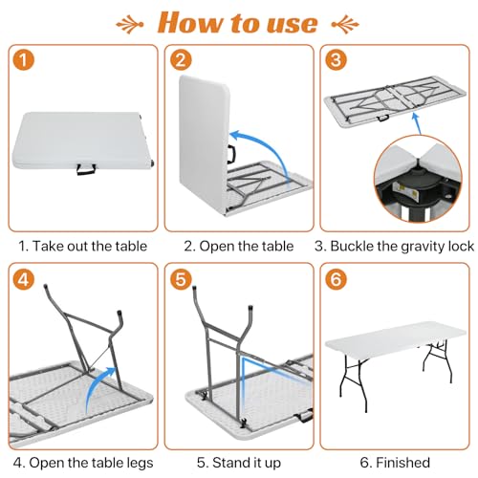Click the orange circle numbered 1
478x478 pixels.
[23, 60]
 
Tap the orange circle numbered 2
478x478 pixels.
[181, 60]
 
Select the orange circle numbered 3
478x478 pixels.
[336, 60]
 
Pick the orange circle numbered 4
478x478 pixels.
[23, 279]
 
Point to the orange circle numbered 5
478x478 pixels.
[181, 279]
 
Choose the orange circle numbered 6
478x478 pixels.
[336, 279]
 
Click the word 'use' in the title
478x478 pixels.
[293, 24]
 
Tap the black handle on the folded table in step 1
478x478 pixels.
[86, 169]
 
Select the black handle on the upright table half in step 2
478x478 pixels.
[231, 154]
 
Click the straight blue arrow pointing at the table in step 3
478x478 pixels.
[417, 123]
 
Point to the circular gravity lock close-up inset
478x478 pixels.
[418, 179]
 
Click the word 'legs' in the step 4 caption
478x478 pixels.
[140, 464]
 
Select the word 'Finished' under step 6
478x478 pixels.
[402, 463]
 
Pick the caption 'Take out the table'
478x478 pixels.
[90, 246]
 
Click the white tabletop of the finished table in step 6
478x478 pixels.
[395, 340]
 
